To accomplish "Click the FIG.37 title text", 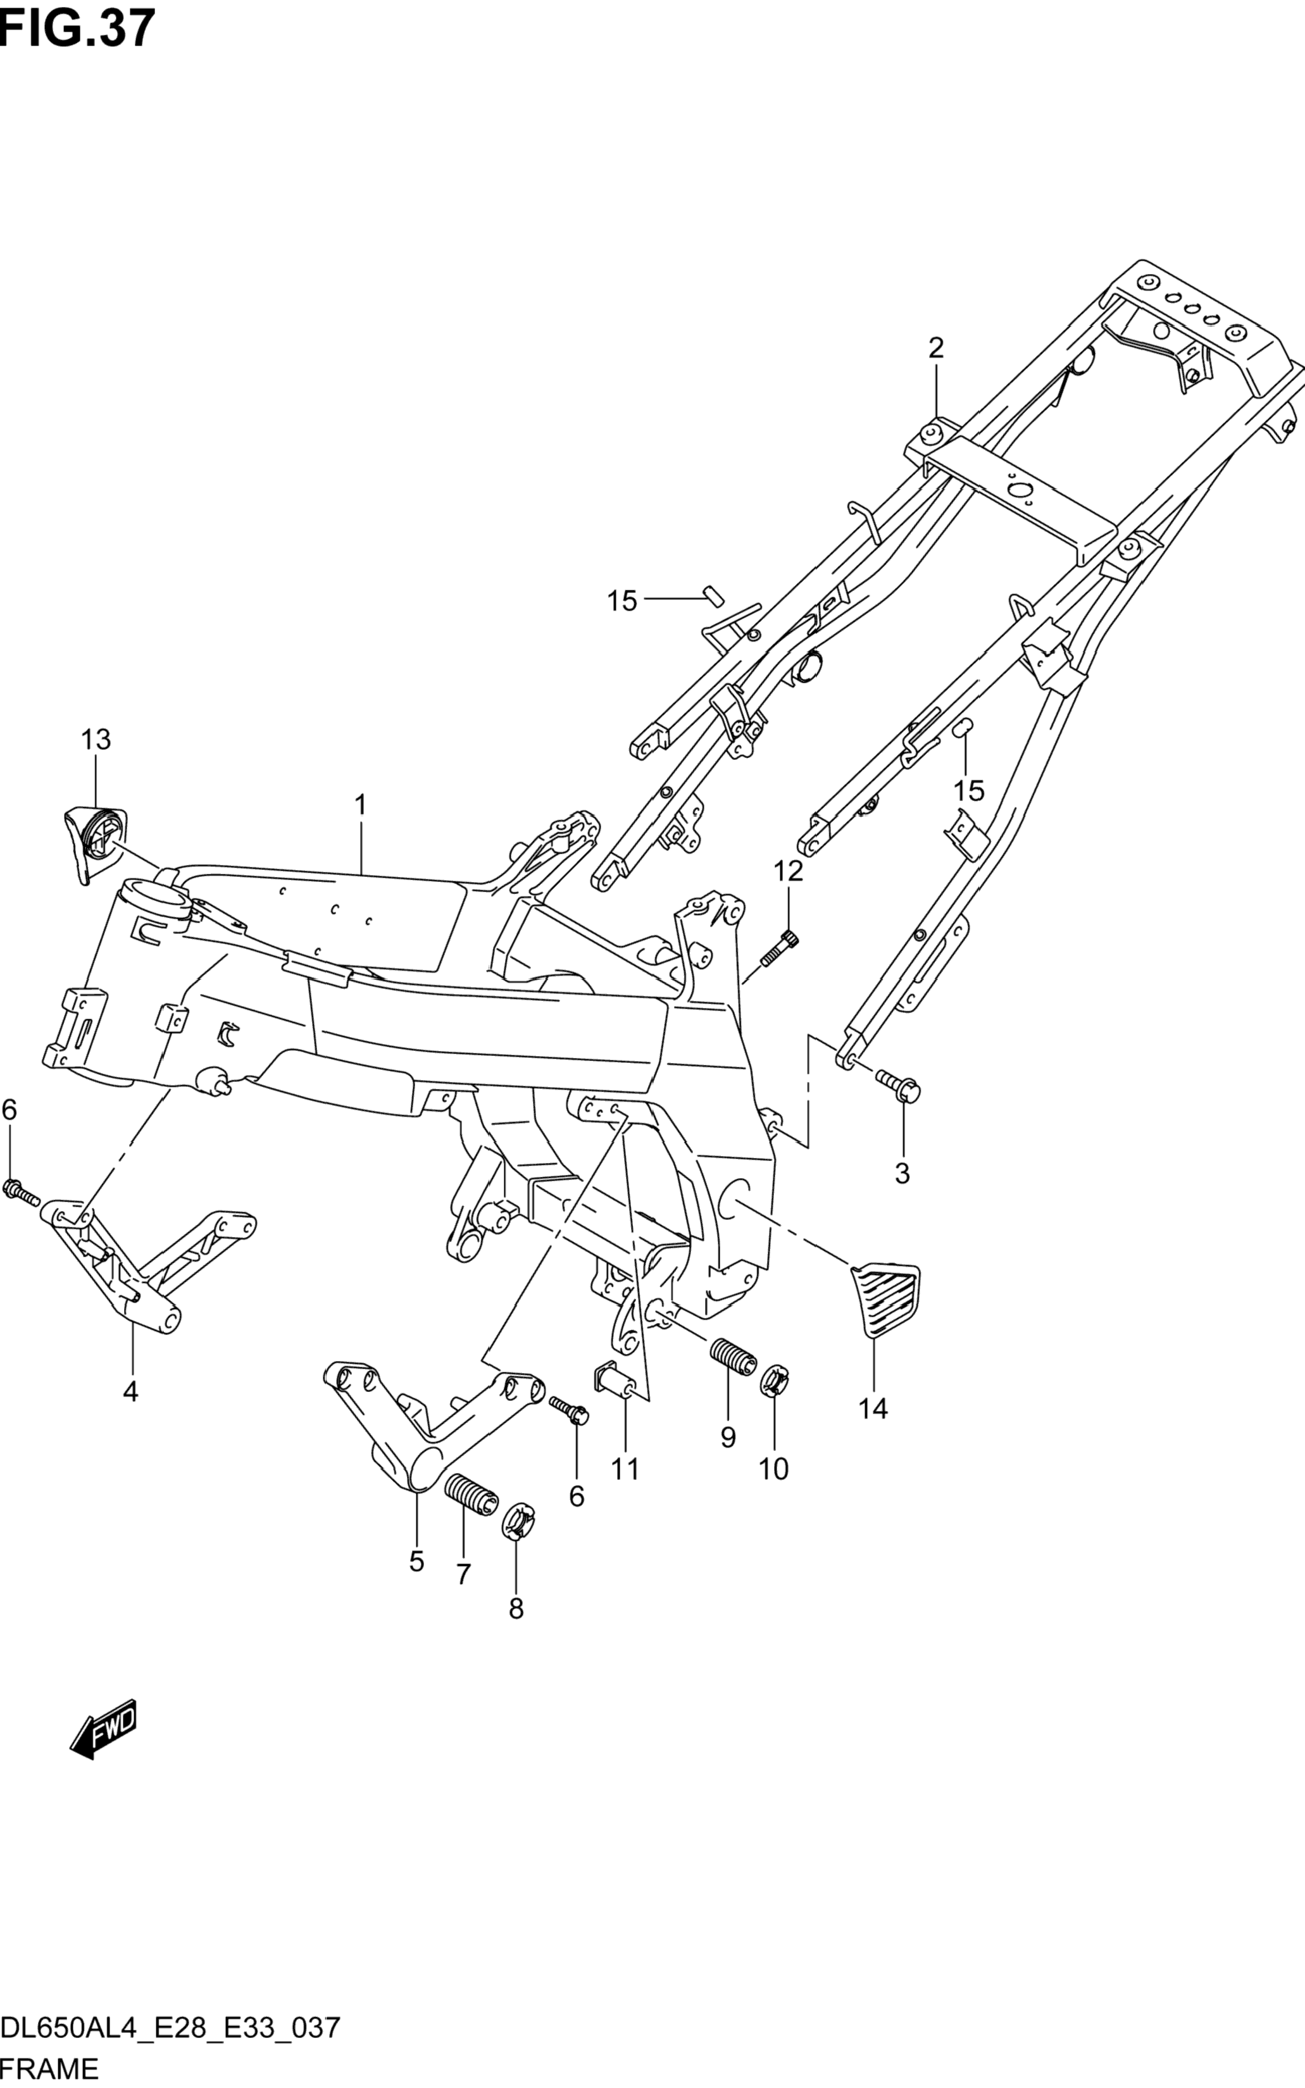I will (x=78, y=28).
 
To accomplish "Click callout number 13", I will (x=96, y=740).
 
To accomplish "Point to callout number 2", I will (x=935, y=348).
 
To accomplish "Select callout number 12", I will (x=788, y=871).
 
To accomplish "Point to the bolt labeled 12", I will (x=779, y=948).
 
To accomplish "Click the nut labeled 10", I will (x=773, y=1383).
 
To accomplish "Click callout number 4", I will (x=130, y=1392).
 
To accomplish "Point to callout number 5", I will (x=417, y=1562).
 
